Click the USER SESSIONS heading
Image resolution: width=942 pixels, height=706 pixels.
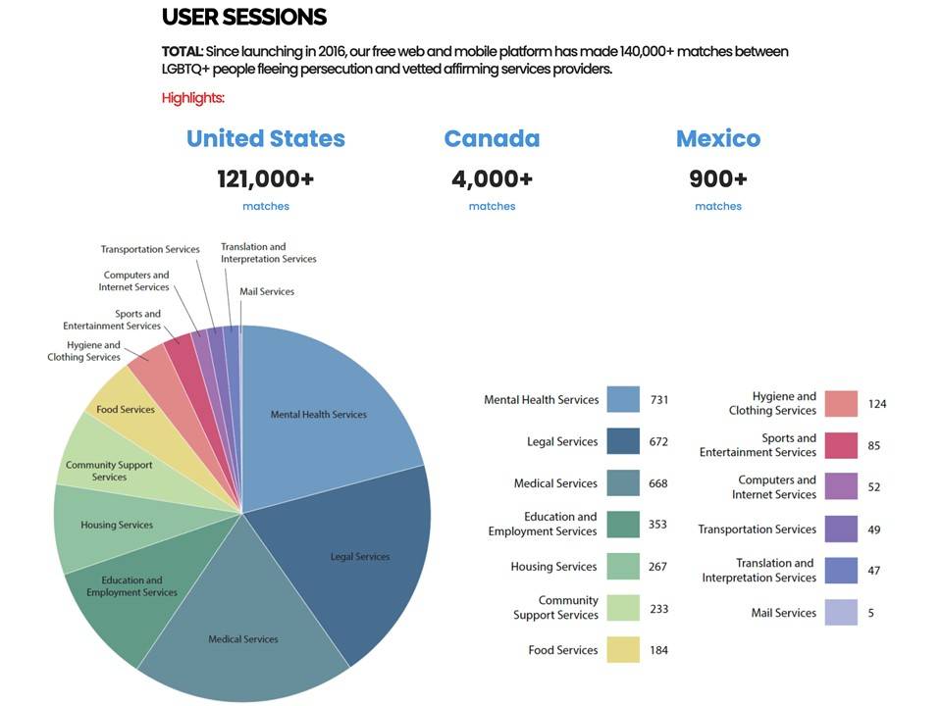243,17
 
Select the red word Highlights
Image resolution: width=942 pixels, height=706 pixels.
193,98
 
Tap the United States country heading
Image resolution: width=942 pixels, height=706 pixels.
266,138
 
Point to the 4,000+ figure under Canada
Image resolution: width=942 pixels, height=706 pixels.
492,178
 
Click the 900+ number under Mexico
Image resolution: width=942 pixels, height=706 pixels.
718,178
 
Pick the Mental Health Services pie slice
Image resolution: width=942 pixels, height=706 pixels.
319,415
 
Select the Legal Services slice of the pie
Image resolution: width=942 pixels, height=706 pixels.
359,557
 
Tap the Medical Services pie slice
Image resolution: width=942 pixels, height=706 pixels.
243,639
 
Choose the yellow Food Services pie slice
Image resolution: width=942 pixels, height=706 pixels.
125,409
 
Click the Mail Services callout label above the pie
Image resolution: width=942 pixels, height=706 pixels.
267,291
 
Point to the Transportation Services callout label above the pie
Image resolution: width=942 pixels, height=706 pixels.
150,249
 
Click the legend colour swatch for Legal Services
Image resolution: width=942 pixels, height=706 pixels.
623,441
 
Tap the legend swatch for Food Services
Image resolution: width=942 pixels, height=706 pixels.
623,649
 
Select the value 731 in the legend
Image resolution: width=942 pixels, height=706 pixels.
658,400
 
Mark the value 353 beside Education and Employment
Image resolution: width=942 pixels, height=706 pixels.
657,524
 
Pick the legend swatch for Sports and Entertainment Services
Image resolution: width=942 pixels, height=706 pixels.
841,445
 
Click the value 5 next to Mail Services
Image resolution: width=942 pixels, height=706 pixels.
870,613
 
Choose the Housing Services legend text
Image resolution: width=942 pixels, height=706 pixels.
553,566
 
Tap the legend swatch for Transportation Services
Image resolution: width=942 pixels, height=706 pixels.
841,529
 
